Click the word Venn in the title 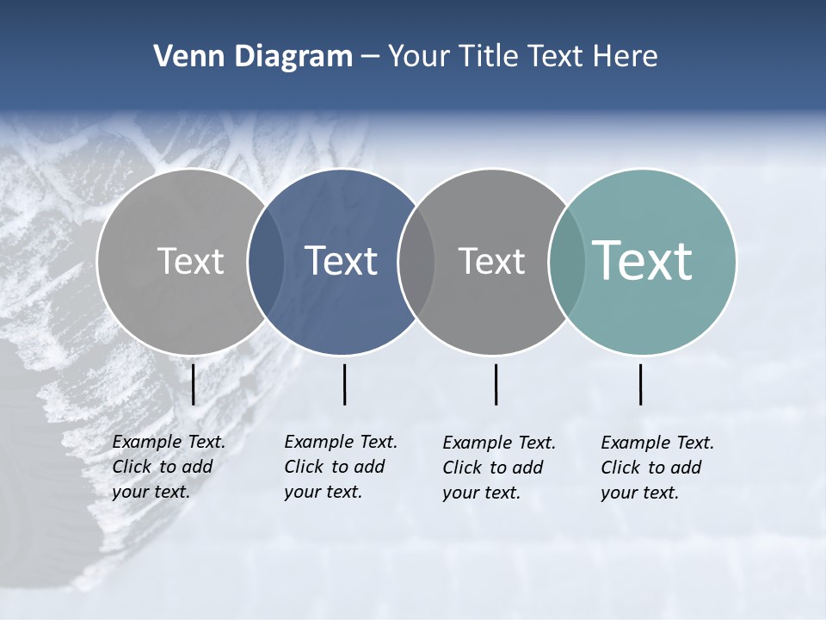(182, 57)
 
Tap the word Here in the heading (626, 57)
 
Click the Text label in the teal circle (642, 261)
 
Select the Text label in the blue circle (342, 261)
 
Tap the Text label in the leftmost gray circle (191, 261)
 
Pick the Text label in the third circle (491, 261)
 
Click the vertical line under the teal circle (641, 384)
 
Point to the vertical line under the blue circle (344, 384)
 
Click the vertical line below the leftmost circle (194, 384)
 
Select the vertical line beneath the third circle (496, 384)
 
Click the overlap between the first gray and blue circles (266, 262)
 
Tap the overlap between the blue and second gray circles (416, 262)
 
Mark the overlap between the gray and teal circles (567, 262)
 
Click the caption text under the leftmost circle (168, 467)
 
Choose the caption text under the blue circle (340, 467)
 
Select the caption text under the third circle (498, 468)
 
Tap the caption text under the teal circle (656, 468)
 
